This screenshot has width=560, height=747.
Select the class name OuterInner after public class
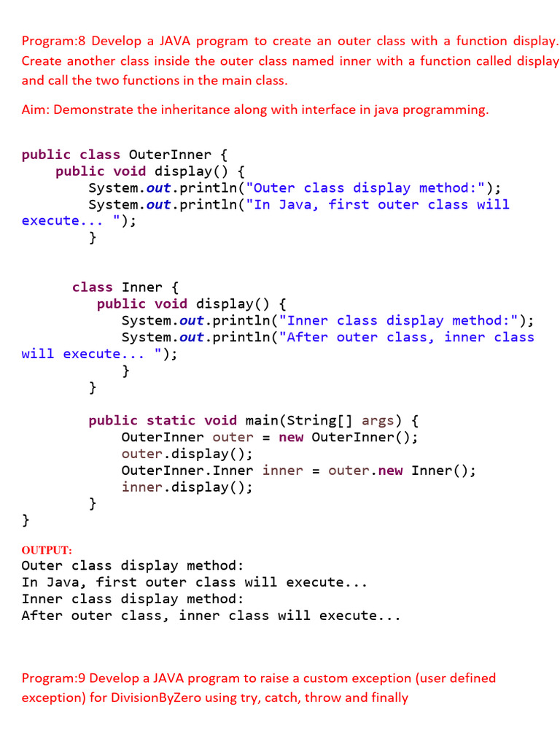[x=169, y=155]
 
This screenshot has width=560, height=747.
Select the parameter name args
[x=377, y=420]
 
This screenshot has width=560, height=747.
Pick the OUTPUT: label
[x=47, y=550]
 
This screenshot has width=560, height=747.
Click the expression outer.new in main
[x=365, y=471]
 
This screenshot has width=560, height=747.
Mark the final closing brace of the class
[x=26, y=520]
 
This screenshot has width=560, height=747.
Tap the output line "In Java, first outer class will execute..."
[x=194, y=583]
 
